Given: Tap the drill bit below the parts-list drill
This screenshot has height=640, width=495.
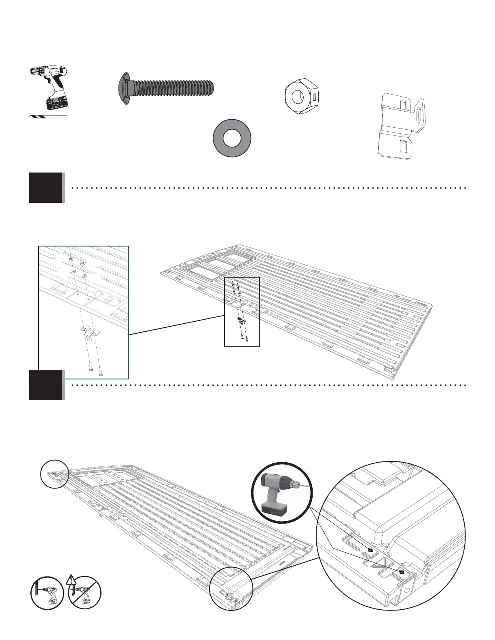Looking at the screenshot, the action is click(x=48, y=117).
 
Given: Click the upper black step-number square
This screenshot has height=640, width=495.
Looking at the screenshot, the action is click(x=46, y=187).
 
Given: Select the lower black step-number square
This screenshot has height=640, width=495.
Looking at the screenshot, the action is click(x=46, y=385).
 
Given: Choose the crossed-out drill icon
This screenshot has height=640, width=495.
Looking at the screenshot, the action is click(x=85, y=593).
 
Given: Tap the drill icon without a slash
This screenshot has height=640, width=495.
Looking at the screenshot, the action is click(x=47, y=593).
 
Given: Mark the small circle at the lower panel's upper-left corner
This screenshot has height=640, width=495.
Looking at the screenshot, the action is click(x=54, y=474).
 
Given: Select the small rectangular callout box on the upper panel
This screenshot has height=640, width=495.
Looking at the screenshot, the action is click(x=242, y=312).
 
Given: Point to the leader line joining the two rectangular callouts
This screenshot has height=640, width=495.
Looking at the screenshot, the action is click(x=176, y=326).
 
